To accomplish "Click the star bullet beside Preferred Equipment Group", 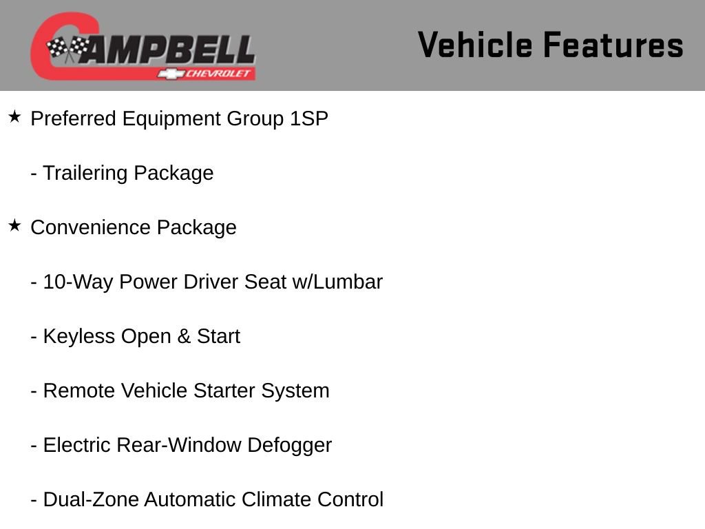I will pyautogui.click(x=15, y=117).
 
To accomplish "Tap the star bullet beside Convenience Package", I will pyautogui.click(x=15, y=226).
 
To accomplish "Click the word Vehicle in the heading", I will pyautogui.click(x=475, y=45).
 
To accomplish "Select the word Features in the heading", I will pyautogui.click(x=613, y=45).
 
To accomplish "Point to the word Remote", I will pyautogui.click(x=79, y=391).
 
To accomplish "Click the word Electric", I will pyautogui.click(x=77, y=445).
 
